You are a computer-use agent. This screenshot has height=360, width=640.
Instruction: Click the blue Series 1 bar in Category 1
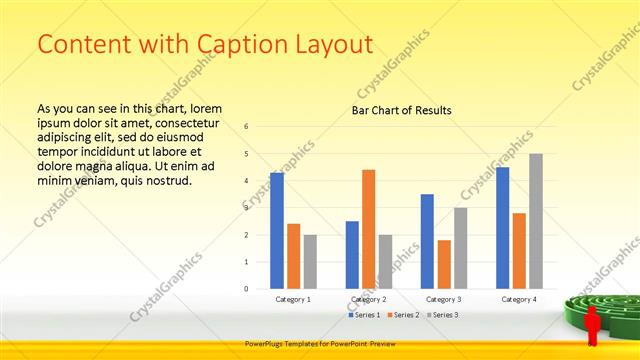277,231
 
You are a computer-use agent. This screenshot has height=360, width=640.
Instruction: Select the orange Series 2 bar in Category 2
368,229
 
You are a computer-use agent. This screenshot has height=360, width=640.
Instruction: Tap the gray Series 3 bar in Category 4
536,221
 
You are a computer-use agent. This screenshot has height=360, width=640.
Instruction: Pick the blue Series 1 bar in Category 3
427,241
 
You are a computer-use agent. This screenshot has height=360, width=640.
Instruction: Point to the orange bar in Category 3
444,264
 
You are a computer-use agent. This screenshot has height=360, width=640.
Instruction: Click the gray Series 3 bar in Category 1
310,262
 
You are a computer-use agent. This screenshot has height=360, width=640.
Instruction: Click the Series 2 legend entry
402,315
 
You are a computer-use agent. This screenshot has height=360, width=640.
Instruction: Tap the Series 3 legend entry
444,315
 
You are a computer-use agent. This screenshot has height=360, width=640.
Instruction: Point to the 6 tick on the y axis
246,127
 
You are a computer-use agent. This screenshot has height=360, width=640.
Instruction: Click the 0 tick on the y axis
246,289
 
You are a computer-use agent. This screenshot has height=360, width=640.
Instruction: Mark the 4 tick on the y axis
246,181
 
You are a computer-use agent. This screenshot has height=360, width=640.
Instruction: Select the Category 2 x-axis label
368,299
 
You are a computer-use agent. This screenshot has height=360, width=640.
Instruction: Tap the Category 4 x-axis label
519,299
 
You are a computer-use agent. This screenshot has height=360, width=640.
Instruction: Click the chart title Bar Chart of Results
401,110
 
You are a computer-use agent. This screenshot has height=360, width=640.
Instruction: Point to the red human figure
592,325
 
